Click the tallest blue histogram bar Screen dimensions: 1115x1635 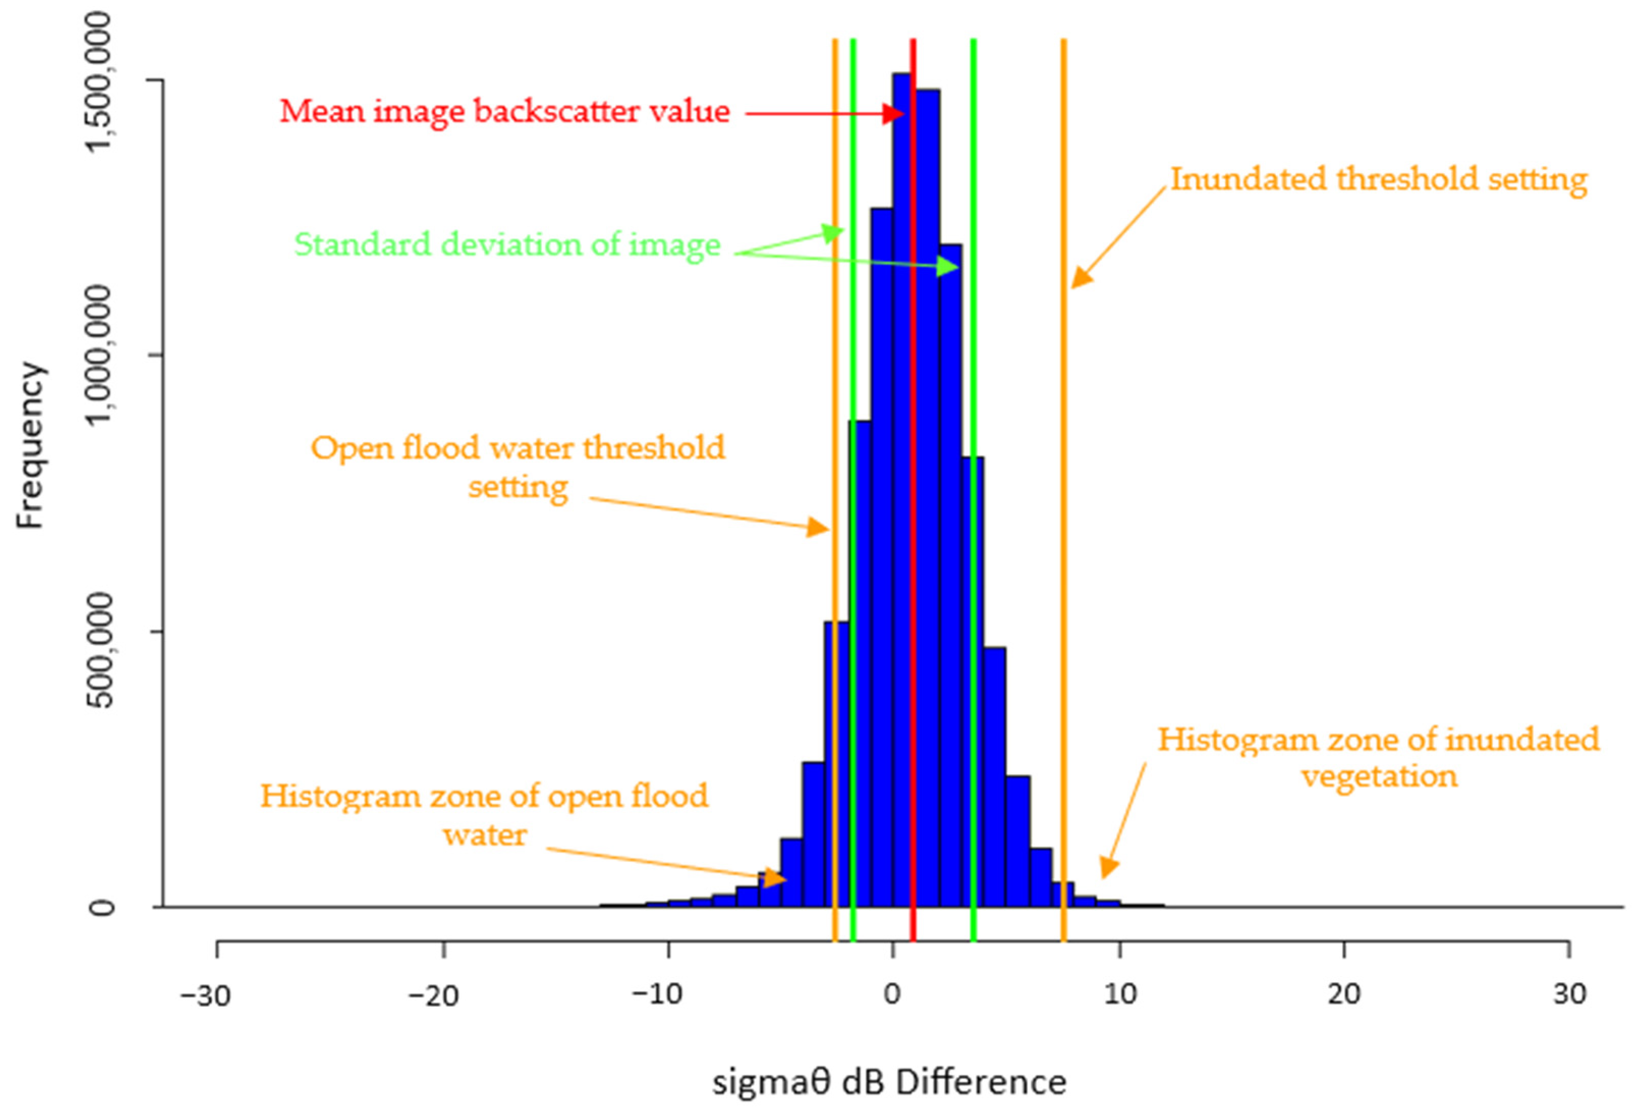point(902,493)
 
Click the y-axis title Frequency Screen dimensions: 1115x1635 point(30,445)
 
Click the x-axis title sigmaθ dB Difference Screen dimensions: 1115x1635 point(889,1081)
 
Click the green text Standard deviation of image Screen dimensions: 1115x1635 point(506,245)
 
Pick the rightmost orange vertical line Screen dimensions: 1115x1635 point(1064,493)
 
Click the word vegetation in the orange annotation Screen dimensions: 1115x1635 point(1379,777)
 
